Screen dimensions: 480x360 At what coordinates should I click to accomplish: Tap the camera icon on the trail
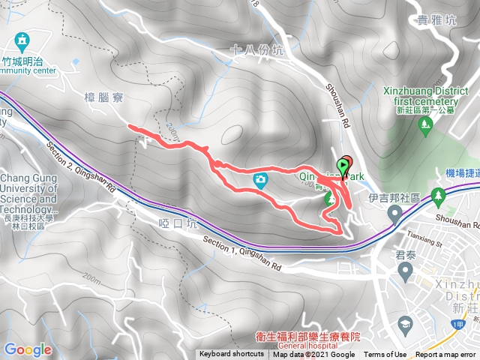[x=261, y=179]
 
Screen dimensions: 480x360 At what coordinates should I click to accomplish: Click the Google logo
[x=28, y=349]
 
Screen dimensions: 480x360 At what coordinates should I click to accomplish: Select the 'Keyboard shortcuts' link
[x=232, y=355]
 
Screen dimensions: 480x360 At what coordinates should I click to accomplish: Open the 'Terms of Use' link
[x=385, y=355]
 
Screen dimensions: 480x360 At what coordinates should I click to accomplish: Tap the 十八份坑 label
[x=259, y=51]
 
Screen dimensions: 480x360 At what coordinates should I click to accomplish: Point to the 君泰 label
[x=406, y=256]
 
